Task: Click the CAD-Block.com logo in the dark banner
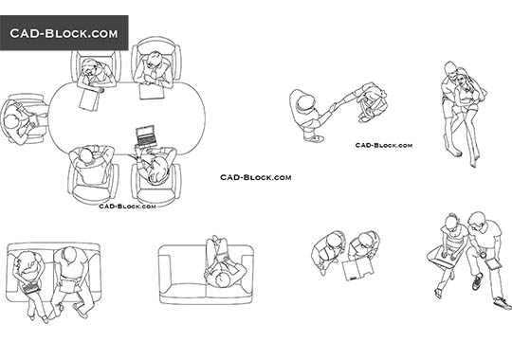tap(64, 33)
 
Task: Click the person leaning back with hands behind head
tap(92, 163)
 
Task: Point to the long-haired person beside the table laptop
tap(155, 167)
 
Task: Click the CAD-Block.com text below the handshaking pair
tap(383, 146)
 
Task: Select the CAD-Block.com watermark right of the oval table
tap(255, 177)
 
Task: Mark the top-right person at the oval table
tap(153, 68)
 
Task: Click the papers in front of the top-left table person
tap(92, 96)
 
